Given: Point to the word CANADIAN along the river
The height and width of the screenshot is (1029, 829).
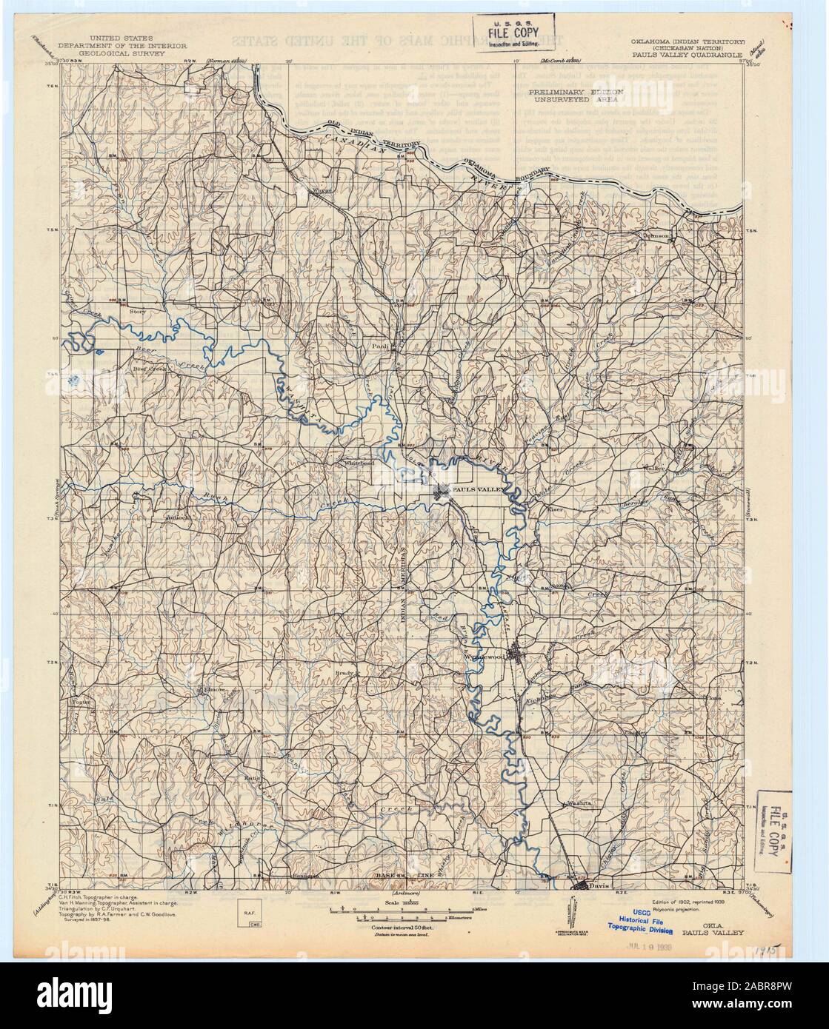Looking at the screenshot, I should [x=364, y=142].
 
